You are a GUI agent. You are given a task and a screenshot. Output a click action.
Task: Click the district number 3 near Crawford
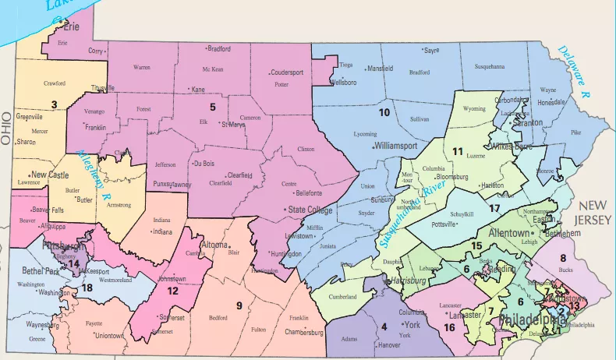pos(54,104)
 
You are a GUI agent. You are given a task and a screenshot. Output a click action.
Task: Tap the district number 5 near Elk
pos(211,107)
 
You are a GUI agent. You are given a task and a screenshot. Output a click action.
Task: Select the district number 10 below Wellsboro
pos(384,112)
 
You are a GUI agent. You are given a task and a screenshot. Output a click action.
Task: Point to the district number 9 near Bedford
pos(239,304)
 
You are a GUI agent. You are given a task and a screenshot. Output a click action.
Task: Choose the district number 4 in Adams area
pos(384,325)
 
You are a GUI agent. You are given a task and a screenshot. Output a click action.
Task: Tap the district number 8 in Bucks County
pos(562,258)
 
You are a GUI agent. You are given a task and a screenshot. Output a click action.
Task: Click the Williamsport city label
pos(400,146)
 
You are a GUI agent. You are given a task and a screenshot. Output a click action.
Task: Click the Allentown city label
pos(492,232)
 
